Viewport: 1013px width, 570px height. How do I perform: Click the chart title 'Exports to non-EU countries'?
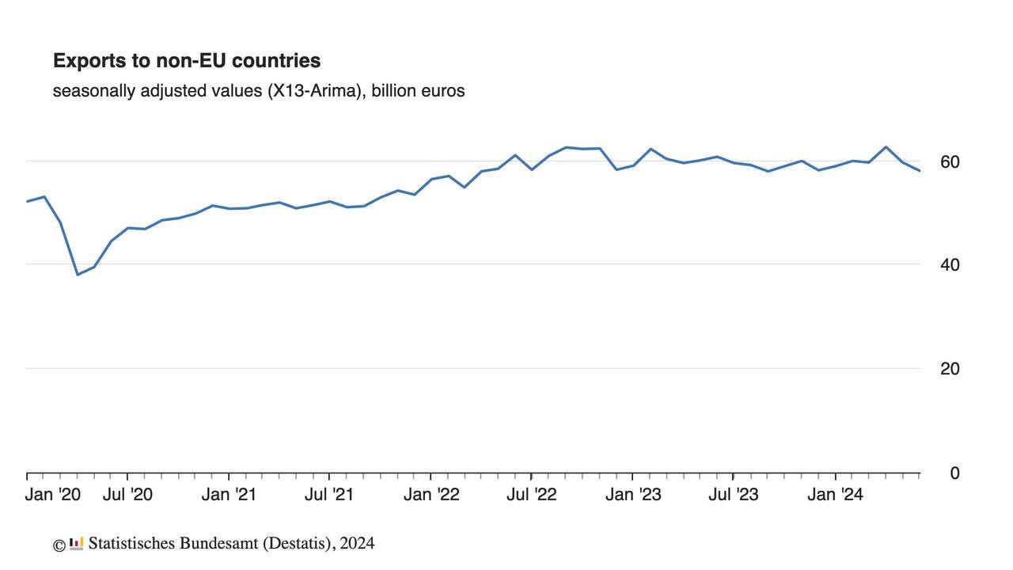[187, 61]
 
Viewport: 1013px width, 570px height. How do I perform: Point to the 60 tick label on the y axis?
[950, 162]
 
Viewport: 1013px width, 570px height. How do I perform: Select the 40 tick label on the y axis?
[950, 265]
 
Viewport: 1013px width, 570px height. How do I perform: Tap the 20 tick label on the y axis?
[950, 369]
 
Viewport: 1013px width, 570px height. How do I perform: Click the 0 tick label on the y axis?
[954, 473]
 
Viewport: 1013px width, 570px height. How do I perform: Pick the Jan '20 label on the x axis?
[53, 496]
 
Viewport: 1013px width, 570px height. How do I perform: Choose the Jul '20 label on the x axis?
[128, 496]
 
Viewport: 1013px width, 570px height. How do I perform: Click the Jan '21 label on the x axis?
[229, 496]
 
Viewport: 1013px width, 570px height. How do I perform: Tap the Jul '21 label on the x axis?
[329, 496]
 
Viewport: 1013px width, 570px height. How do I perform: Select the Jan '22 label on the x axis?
[431, 496]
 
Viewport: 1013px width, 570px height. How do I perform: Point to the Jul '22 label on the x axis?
[531, 496]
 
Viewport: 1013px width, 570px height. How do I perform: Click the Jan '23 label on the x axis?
[632, 496]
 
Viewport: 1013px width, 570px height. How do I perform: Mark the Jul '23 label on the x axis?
[733, 496]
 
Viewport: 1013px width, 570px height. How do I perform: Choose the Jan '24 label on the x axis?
[836, 496]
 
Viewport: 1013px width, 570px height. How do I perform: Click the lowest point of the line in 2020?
[78, 275]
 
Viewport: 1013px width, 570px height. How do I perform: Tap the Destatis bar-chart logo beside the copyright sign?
[76, 544]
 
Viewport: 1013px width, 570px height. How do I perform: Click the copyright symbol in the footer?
[59, 545]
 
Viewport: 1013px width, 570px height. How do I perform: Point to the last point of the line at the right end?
[920, 171]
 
